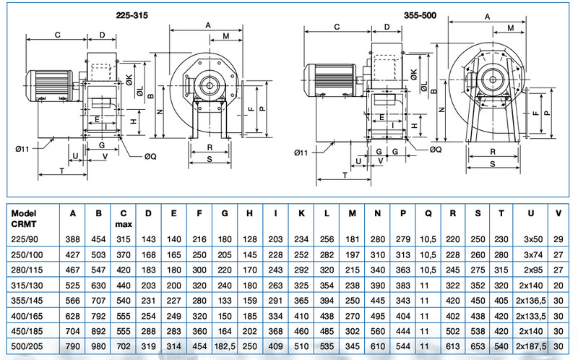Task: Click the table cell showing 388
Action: click(73, 238)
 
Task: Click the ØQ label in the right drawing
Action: click(435, 149)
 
